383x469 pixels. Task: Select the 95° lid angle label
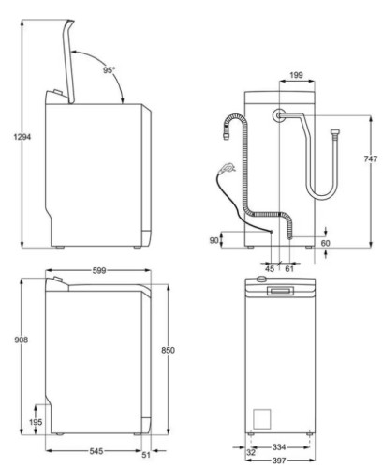click(110, 69)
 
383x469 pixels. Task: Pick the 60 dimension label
click(325, 243)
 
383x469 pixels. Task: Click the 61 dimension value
click(288, 269)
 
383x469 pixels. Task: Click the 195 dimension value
click(35, 423)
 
